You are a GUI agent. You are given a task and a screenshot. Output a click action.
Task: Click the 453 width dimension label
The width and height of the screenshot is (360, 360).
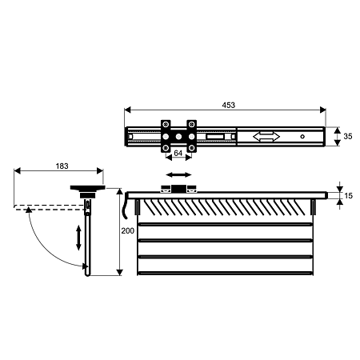point(229,105)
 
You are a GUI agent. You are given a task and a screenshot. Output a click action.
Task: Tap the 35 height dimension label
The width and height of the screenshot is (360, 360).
point(348,136)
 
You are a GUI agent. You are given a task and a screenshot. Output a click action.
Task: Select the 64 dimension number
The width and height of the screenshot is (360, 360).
point(178,153)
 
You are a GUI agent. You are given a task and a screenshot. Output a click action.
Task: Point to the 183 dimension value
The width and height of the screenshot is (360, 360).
point(62,166)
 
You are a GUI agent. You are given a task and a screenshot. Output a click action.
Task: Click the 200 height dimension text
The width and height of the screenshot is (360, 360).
point(128,230)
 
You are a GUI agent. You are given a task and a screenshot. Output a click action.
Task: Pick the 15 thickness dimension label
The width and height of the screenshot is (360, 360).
point(348,196)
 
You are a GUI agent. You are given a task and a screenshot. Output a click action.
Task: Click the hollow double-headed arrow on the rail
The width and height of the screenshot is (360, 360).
point(266,137)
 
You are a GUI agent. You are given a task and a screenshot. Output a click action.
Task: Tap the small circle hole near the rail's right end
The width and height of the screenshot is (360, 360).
point(302,137)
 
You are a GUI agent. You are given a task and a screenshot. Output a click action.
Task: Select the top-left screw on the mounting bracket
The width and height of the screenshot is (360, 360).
point(166,124)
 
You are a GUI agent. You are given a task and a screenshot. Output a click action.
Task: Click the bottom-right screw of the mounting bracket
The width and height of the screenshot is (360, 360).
point(191,148)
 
